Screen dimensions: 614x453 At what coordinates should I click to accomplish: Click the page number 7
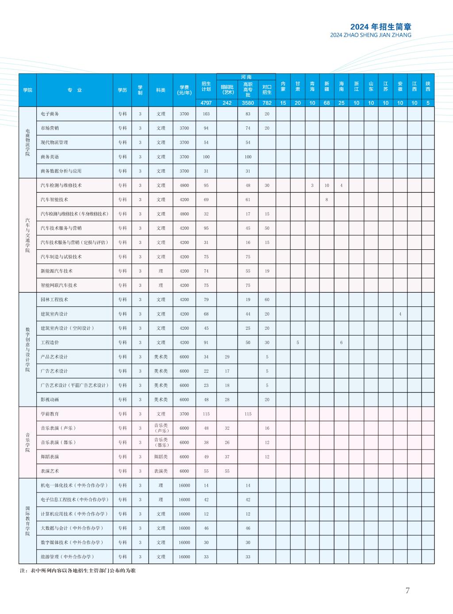(x=407, y=591)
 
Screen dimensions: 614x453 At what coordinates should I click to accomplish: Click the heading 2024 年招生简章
(x=381, y=27)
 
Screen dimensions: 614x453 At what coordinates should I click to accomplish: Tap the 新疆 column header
(x=327, y=86)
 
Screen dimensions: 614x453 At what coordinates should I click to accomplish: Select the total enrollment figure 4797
(x=206, y=103)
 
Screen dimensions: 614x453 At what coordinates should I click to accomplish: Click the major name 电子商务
(x=50, y=114)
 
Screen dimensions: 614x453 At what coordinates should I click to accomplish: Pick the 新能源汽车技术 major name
(x=57, y=271)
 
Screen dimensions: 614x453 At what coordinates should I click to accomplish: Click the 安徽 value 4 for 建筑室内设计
(x=400, y=314)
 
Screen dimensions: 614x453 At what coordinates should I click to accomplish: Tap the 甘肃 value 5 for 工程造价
(x=298, y=343)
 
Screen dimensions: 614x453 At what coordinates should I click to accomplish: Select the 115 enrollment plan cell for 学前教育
(x=206, y=414)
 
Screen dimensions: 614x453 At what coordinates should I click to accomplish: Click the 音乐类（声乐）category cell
(x=161, y=428)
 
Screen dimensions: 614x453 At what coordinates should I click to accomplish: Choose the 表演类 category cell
(x=161, y=471)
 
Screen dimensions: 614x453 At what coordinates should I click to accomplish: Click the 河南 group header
(x=246, y=77)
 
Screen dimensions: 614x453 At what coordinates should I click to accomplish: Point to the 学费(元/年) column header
(x=184, y=90)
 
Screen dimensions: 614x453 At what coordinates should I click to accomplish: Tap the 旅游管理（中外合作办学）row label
(x=68, y=557)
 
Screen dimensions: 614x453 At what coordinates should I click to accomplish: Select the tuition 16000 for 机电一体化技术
(x=184, y=485)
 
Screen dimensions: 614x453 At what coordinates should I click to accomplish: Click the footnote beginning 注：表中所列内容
(x=78, y=571)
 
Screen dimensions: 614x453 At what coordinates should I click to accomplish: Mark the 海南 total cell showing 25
(x=342, y=103)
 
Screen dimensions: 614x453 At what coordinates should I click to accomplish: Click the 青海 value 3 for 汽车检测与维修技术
(x=312, y=186)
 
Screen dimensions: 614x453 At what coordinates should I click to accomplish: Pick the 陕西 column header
(x=428, y=86)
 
